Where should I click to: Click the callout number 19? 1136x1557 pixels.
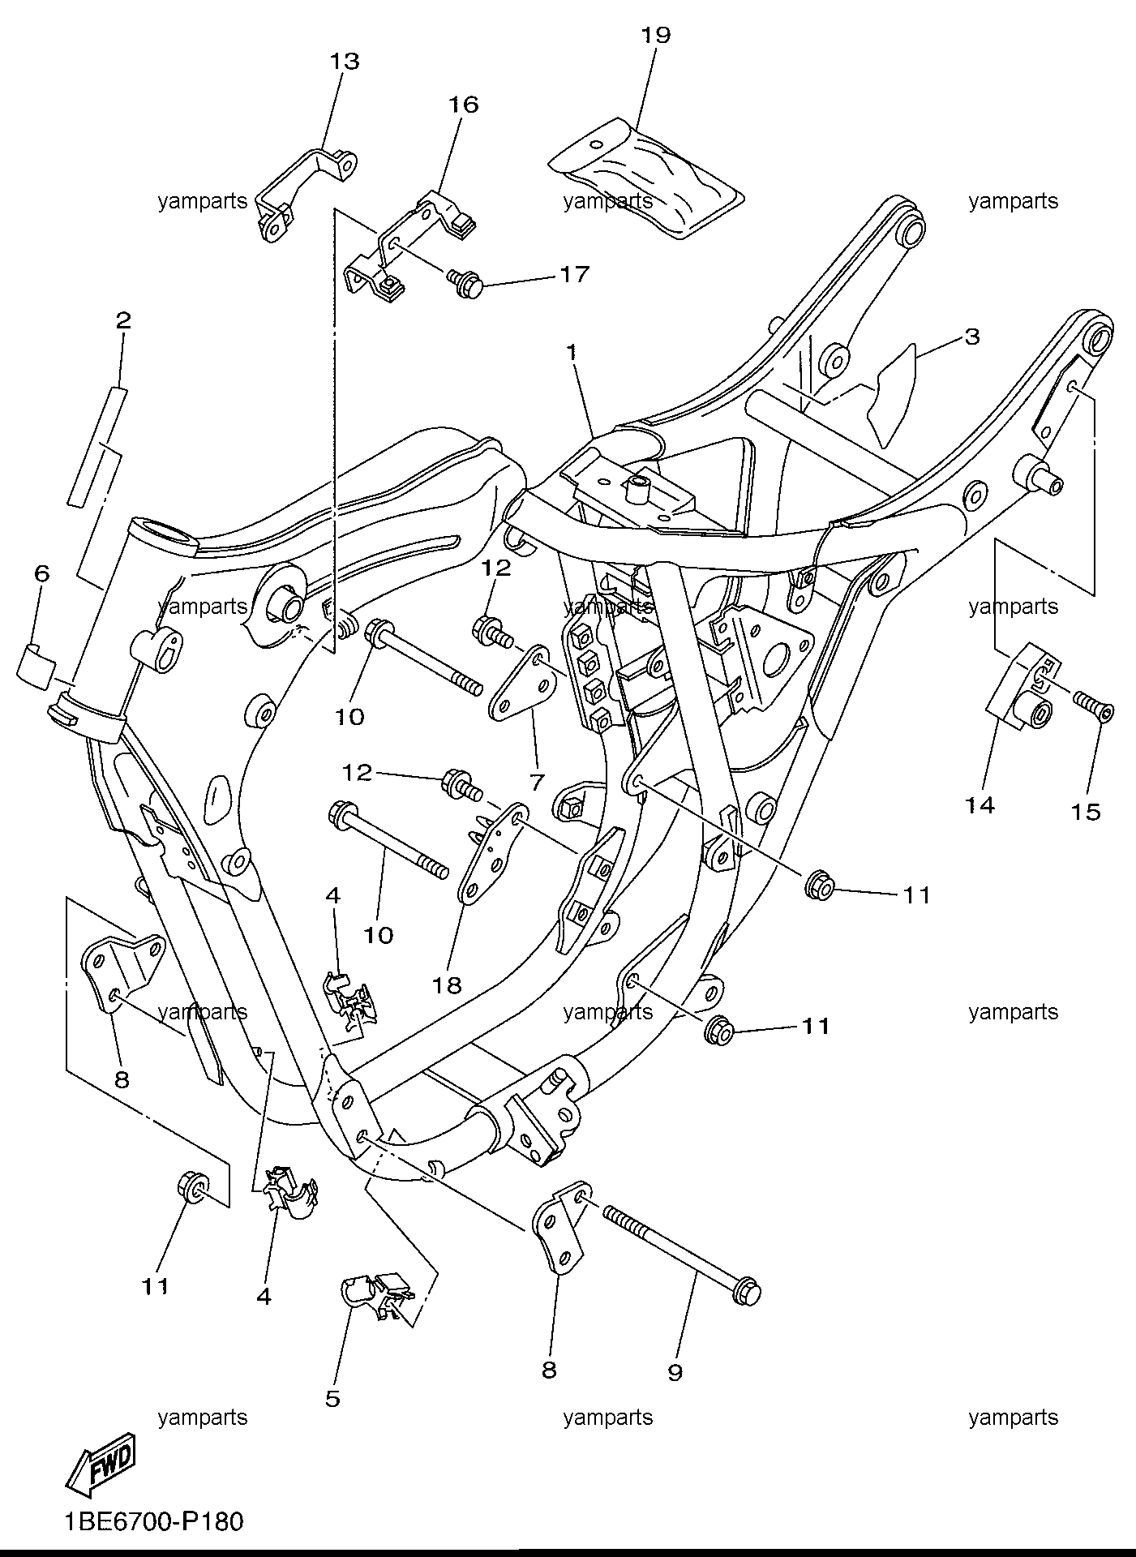(655, 35)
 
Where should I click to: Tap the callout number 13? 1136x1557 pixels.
(344, 61)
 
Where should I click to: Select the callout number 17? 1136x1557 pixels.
(574, 275)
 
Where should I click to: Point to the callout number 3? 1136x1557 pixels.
(971, 336)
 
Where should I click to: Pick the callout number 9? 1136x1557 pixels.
(675, 1371)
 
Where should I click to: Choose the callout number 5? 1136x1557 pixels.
(332, 1398)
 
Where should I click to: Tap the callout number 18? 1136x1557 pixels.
(447, 984)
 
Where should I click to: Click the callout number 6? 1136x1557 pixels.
(41, 573)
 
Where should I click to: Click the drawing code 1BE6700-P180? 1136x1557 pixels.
(154, 1521)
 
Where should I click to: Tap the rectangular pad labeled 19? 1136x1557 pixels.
(647, 178)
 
